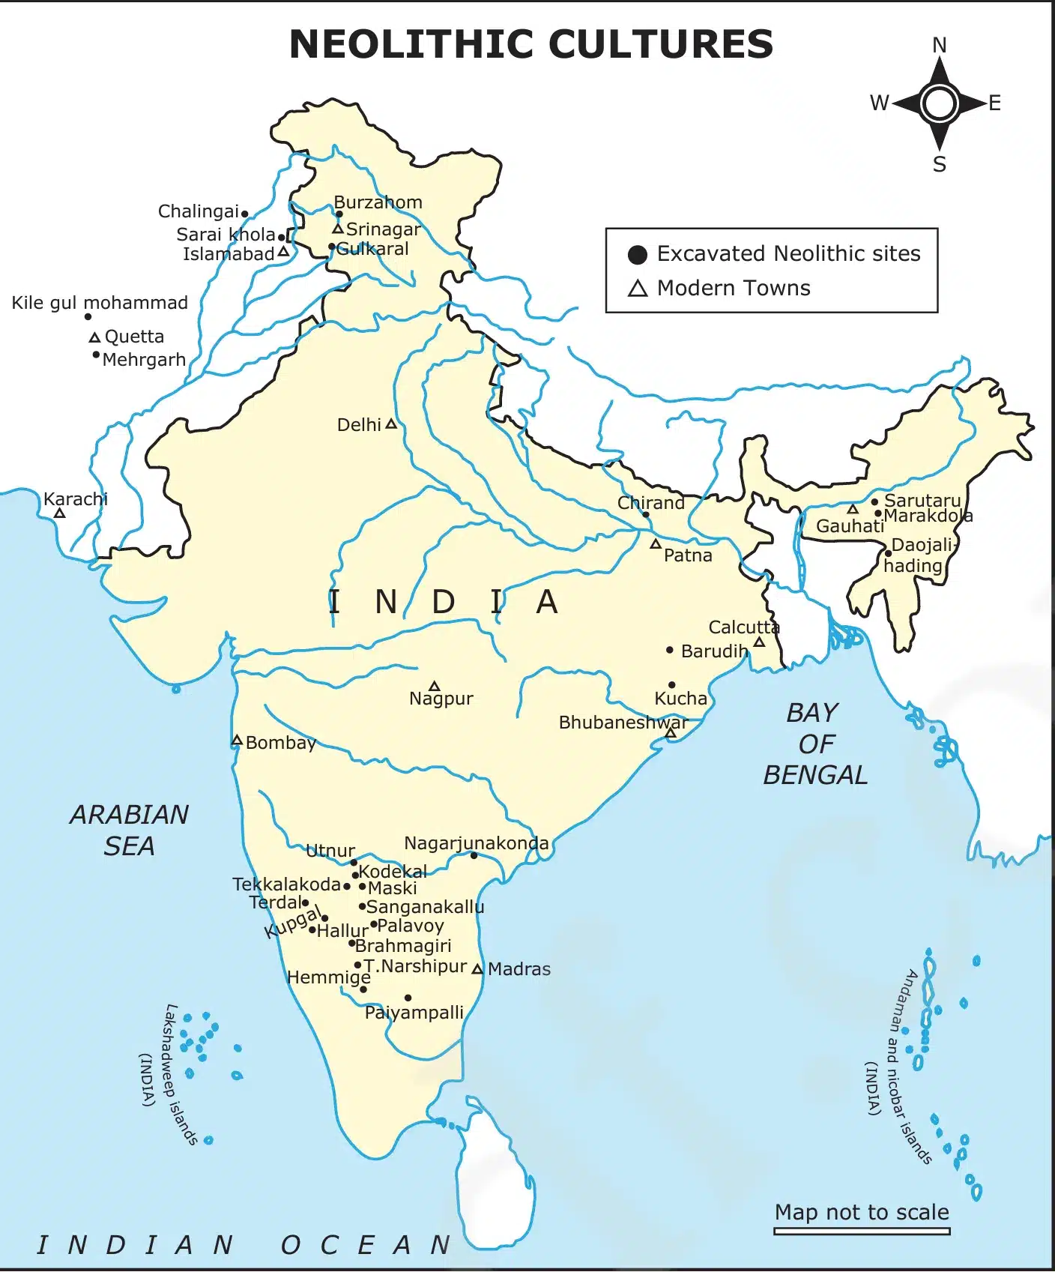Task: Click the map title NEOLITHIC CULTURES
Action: [530, 44]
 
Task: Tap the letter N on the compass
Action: [939, 46]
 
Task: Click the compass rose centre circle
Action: [939, 103]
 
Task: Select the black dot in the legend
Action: [637, 255]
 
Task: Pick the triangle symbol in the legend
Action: [637, 289]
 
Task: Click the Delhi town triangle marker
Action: [390, 424]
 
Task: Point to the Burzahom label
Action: [378, 202]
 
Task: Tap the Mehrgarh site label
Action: [144, 360]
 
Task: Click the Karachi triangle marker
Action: [59, 513]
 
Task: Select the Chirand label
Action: [650, 503]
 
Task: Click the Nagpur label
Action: [441, 699]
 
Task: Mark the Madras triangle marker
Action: [477, 969]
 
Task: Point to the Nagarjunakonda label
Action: [476, 843]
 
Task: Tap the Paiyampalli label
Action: [414, 1013]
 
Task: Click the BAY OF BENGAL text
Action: [814, 744]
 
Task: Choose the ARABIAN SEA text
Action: [129, 830]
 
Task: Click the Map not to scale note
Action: [862, 1212]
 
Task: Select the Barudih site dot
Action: [670, 650]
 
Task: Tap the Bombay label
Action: [281, 743]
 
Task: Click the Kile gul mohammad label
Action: [100, 303]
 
